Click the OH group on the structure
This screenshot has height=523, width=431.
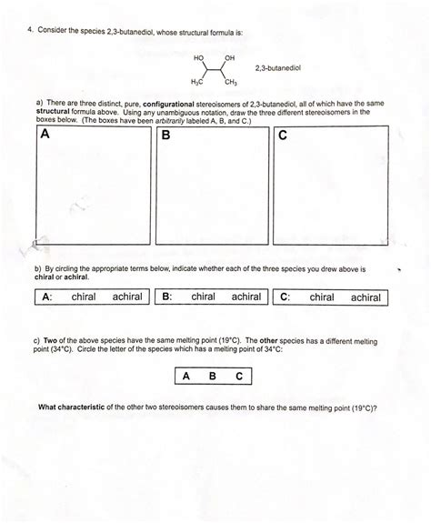(x=229, y=58)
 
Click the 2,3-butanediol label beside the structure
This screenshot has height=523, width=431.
(x=278, y=67)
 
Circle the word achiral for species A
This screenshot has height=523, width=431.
(x=127, y=297)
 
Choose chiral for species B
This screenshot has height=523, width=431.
(x=203, y=297)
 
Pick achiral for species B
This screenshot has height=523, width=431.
(x=246, y=297)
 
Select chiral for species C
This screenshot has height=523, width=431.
(x=322, y=297)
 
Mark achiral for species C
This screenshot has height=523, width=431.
(x=366, y=297)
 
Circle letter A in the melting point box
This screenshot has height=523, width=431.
(x=185, y=376)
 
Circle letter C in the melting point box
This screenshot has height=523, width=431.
(x=238, y=376)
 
